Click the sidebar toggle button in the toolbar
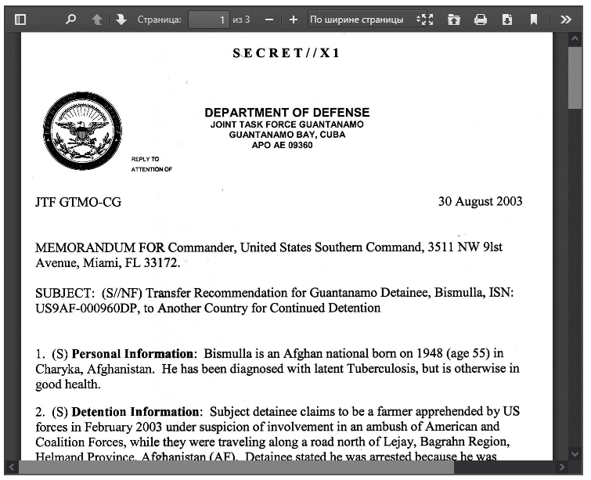tap(20, 20)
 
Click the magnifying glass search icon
tap(70, 20)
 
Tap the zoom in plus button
tap(294, 20)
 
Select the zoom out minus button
tap(269, 20)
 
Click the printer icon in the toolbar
tap(481, 20)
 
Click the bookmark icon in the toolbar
tap(534, 20)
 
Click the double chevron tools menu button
tap(566, 20)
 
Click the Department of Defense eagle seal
tap(82, 131)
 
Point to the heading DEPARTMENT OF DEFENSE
tap(286, 113)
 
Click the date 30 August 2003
tap(480, 201)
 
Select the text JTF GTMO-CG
tap(78, 202)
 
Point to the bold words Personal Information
tap(132, 353)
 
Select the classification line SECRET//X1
tap(286, 53)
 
